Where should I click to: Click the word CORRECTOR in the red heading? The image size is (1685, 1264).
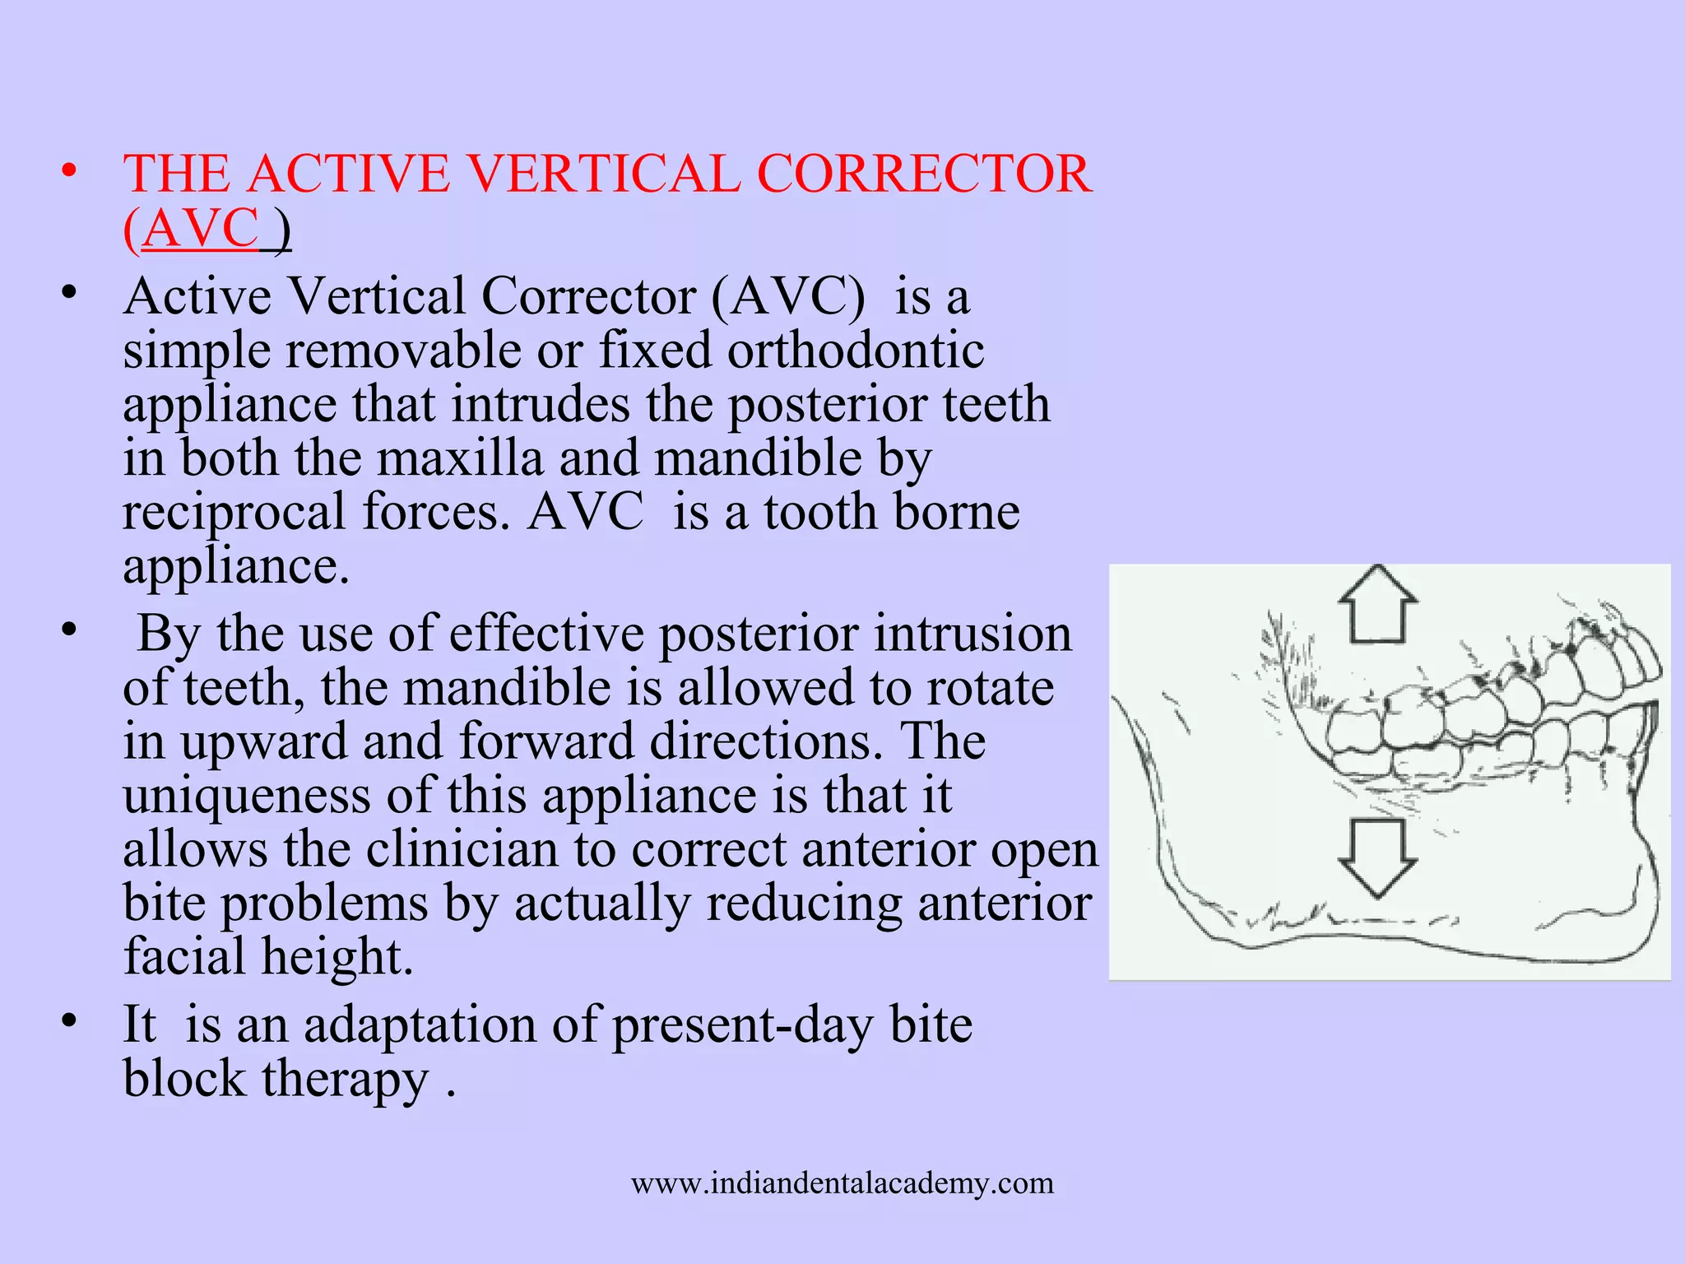coord(923,174)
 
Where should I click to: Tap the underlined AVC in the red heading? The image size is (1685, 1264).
coord(201,228)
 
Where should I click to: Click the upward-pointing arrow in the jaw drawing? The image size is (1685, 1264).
coord(1377,605)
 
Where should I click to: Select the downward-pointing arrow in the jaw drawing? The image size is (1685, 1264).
coord(1377,857)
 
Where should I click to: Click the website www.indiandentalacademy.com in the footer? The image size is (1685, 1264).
coord(842,1183)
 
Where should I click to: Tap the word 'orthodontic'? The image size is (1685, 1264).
coord(855,350)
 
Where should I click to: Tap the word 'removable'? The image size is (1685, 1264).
coord(403,350)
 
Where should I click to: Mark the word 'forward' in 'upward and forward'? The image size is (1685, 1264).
coord(546,741)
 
